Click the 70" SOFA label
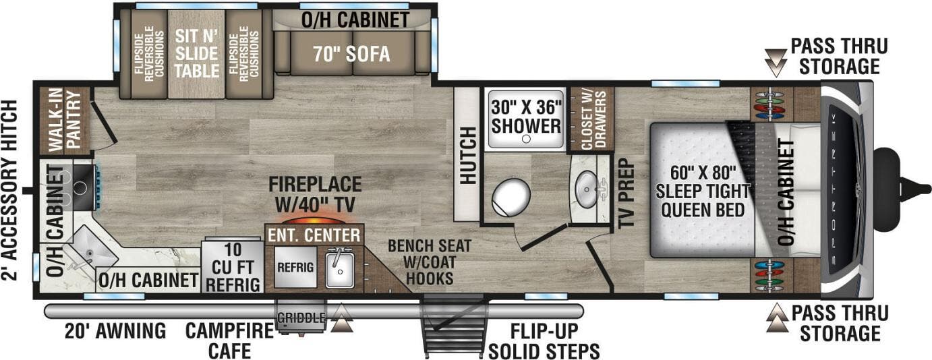coord(350,54)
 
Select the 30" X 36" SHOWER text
coord(526,117)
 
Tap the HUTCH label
coord(468,154)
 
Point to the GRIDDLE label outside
coord(300,317)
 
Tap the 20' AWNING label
coord(115,331)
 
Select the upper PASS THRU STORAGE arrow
coord(777,65)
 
